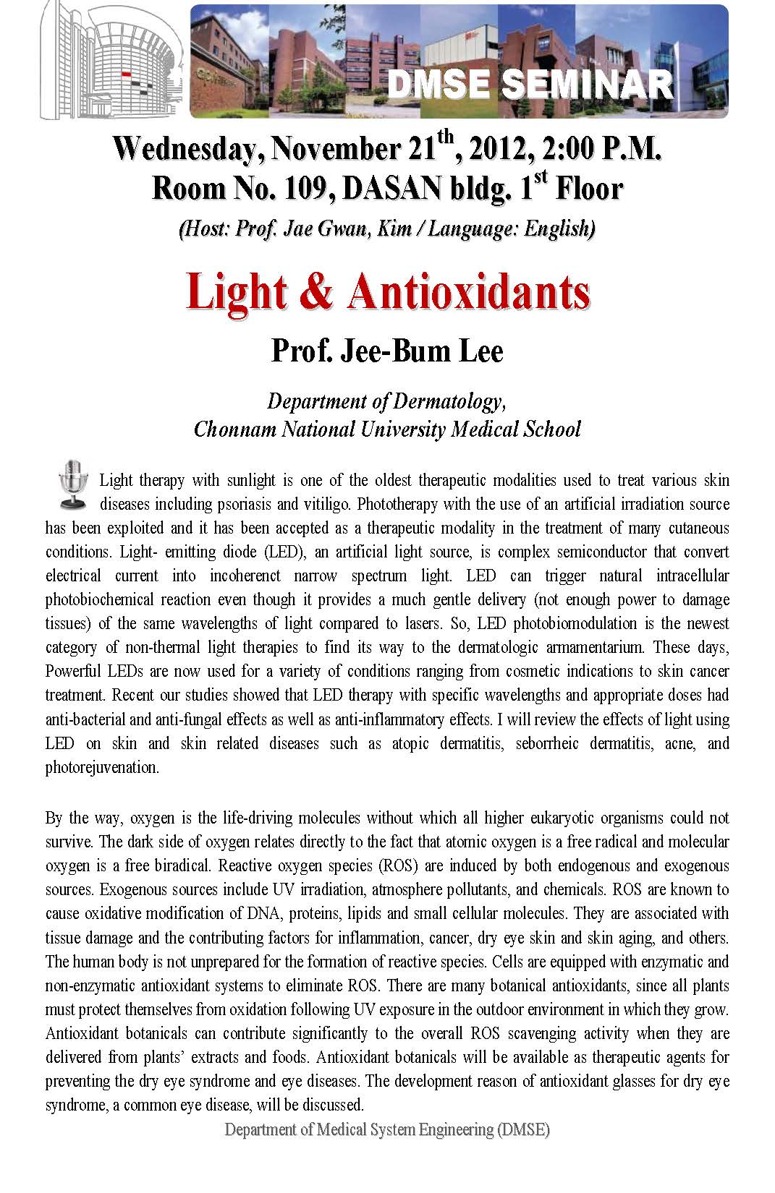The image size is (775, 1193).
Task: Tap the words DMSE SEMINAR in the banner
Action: click(530, 85)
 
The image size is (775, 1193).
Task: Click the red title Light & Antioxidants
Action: click(388, 293)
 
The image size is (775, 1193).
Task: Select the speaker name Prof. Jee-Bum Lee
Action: click(387, 352)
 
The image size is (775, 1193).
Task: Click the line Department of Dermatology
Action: click(386, 401)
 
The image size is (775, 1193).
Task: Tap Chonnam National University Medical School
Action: click(387, 429)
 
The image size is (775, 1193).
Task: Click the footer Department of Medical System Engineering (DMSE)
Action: click(387, 1129)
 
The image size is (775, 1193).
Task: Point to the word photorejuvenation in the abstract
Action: click(102, 767)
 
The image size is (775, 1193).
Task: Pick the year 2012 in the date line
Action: click(496, 151)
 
